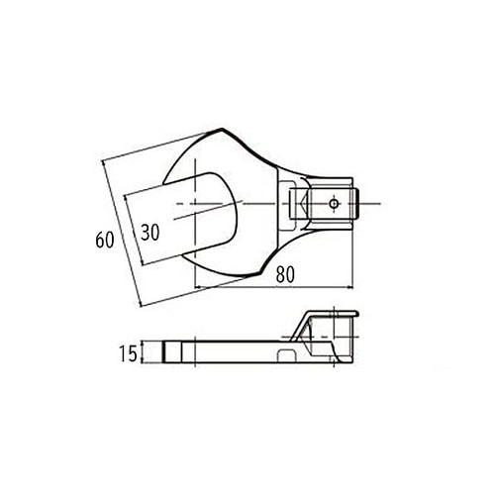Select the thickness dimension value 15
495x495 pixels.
126,352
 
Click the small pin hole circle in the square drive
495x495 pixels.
335,204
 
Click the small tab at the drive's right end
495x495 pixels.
365,204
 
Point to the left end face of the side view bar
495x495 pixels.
161,352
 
